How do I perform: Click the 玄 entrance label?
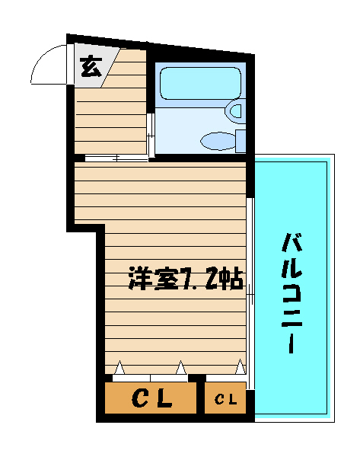coord(91,67)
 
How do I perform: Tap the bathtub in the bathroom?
coord(201,83)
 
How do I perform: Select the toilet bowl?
coord(218,141)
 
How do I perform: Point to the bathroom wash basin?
coord(235,111)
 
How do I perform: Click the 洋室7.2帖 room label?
coord(186,278)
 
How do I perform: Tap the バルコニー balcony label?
coord(292,293)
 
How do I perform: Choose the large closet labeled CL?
coord(150,398)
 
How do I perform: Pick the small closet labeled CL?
coord(225,398)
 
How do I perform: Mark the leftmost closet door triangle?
coord(119,368)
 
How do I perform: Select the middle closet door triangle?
coord(181,368)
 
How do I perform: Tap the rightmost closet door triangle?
coord(241,366)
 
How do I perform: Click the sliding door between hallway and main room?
coord(116,158)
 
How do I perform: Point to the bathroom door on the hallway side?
coord(151,136)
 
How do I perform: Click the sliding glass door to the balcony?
coord(250,293)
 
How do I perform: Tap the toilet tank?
coord(241,142)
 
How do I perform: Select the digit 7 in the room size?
coord(187,279)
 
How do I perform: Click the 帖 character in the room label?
coord(231,278)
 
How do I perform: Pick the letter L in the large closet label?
coord(164,398)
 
